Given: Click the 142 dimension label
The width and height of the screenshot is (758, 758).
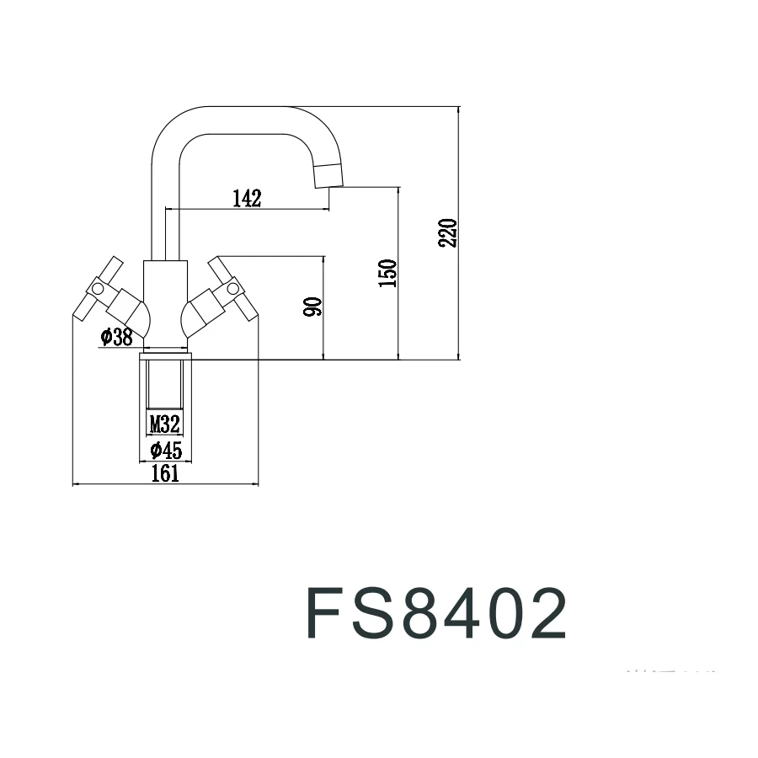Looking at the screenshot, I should [x=247, y=198].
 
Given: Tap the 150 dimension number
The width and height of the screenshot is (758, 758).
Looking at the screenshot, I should [x=387, y=274].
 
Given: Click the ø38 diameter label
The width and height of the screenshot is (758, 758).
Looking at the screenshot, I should [x=116, y=337].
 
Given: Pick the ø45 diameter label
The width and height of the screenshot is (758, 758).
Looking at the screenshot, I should [x=165, y=450].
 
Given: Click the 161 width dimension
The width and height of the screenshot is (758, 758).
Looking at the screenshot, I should [x=165, y=473].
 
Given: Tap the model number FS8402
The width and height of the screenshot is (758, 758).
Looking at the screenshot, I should [x=435, y=613].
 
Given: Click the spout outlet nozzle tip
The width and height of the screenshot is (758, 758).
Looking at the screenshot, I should [x=330, y=173].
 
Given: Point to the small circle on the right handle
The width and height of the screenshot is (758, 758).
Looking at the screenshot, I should [x=233, y=290].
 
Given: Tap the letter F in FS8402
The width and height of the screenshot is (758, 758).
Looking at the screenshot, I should [x=325, y=613].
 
